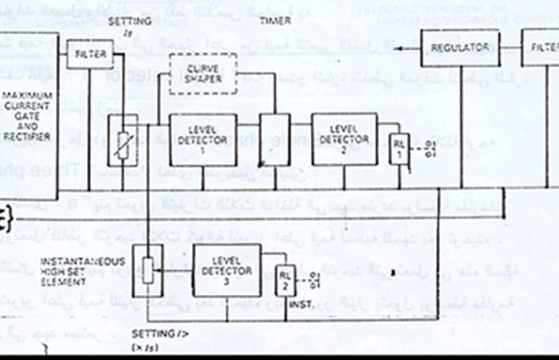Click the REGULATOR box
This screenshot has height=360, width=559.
[x=459, y=48]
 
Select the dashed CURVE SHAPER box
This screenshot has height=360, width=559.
[x=204, y=73]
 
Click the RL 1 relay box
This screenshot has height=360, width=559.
[x=399, y=147]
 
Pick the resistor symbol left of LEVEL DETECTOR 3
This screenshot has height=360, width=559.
[x=154, y=270]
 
